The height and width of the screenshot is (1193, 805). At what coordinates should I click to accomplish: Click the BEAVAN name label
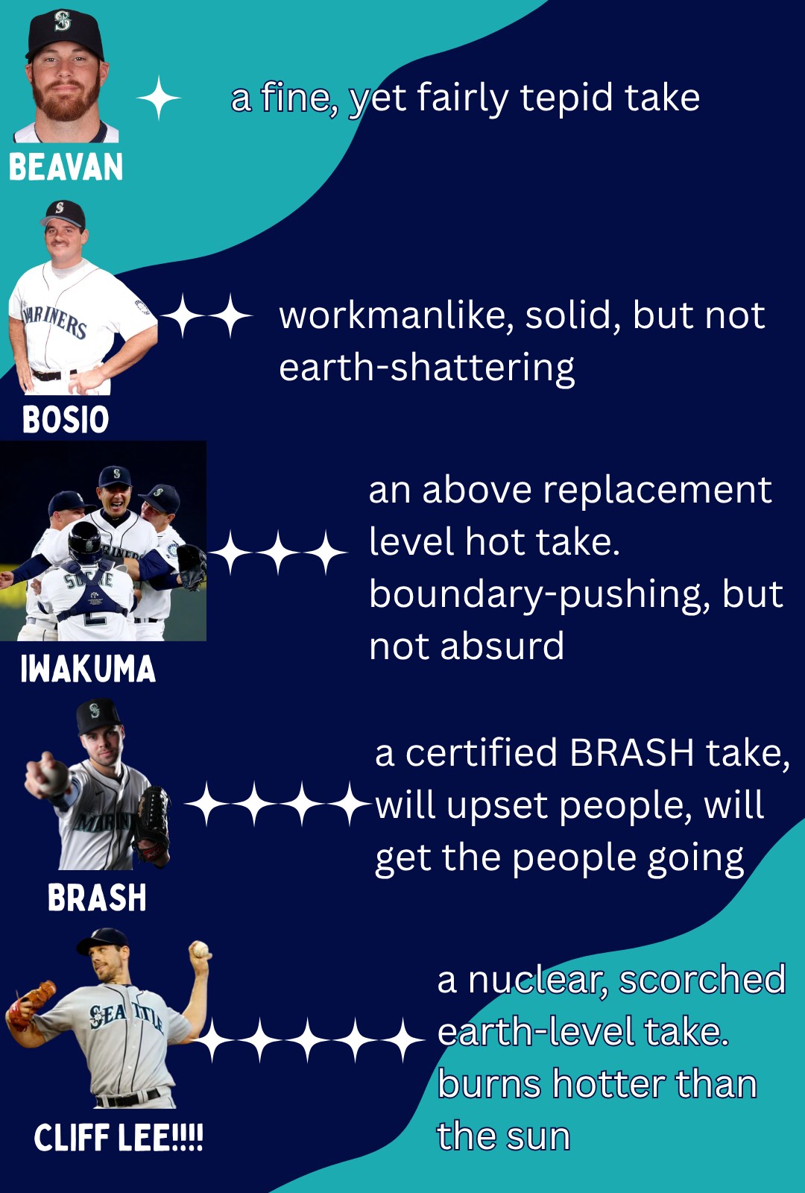click(x=66, y=167)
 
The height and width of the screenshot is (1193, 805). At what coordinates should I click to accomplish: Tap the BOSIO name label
click(x=66, y=419)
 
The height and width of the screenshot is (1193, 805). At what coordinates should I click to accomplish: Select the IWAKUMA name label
click(x=88, y=668)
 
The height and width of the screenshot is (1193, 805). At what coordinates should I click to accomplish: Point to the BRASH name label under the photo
click(x=97, y=898)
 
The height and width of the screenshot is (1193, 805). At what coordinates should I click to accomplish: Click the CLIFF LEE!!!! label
click(x=119, y=1138)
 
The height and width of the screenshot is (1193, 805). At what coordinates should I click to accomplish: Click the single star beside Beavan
click(x=159, y=98)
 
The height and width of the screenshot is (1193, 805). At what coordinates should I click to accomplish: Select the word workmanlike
click(x=396, y=315)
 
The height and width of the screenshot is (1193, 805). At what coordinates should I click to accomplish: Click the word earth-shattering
click(x=427, y=368)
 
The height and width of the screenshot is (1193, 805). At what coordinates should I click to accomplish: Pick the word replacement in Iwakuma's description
click(x=657, y=491)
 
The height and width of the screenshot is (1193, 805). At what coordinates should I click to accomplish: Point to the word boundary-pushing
click(x=539, y=596)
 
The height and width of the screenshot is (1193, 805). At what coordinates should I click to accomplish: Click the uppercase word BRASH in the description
click(x=631, y=753)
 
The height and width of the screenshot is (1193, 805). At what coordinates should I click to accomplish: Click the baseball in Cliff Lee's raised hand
click(x=201, y=949)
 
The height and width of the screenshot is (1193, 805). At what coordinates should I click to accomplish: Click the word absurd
click(x=502, y=646)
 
